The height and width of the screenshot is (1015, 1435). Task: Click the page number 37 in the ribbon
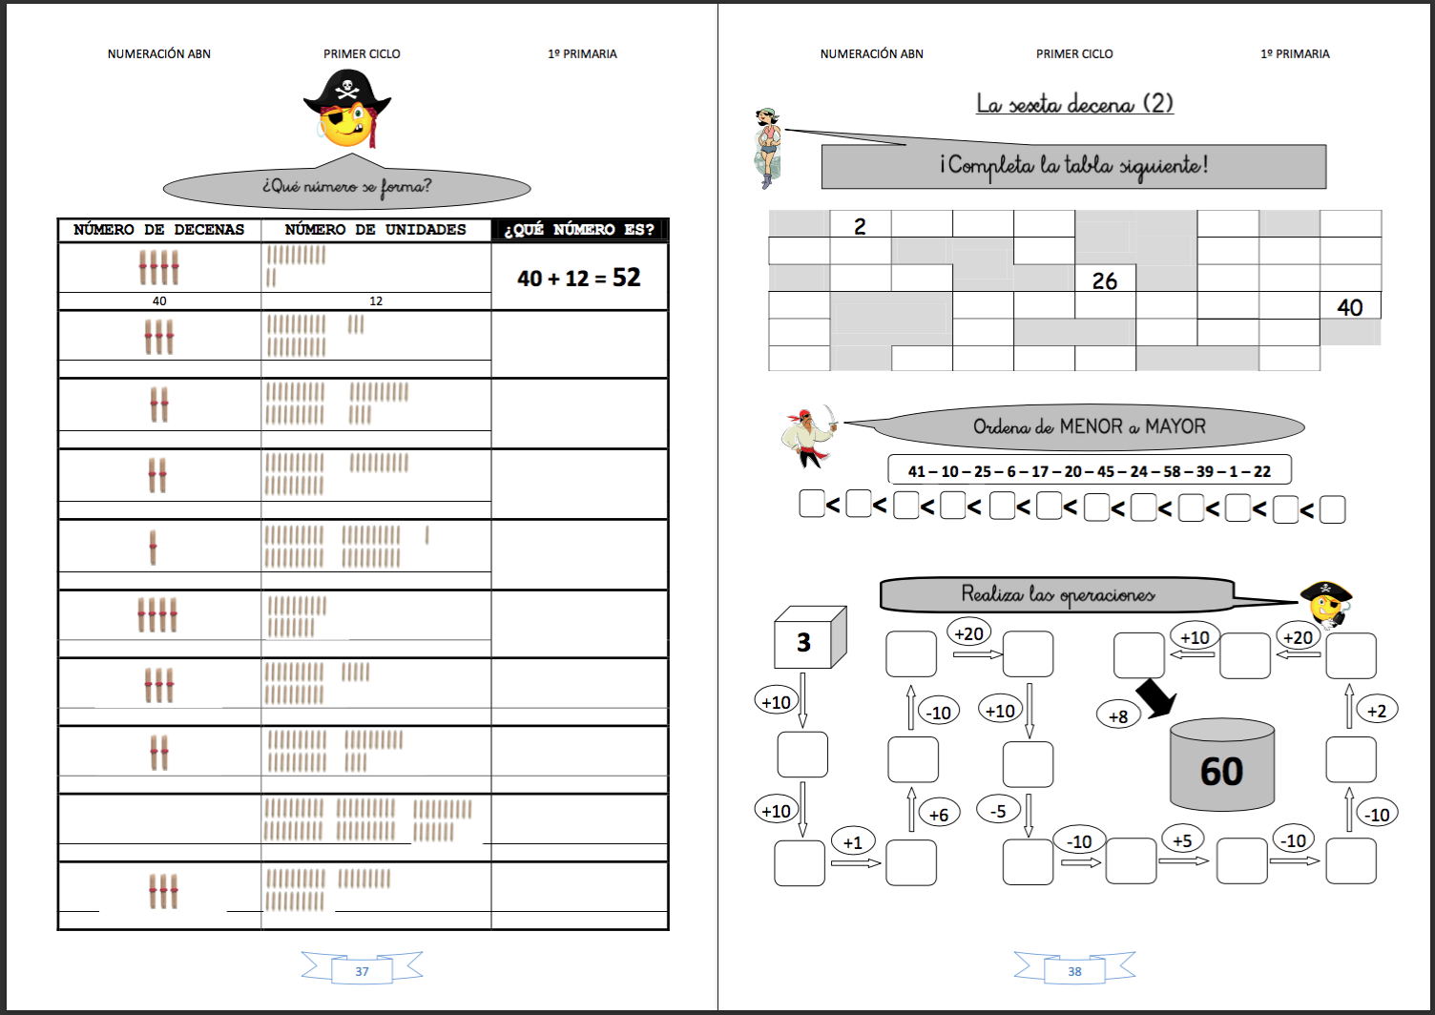pos(362,971)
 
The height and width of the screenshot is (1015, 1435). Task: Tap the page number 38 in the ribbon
pos(1074,971)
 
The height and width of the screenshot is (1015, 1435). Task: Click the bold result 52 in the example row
pos(627,278)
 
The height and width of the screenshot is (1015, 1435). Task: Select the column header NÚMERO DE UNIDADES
pos(375,230)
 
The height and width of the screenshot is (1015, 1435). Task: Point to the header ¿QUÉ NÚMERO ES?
pos(579,230)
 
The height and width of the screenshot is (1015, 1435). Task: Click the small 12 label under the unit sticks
pos(376,300)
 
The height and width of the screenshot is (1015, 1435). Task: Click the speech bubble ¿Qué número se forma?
pos(346,186)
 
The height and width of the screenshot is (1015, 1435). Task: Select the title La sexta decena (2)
pos(1074,103)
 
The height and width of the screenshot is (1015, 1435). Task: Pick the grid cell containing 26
pos(1105,280)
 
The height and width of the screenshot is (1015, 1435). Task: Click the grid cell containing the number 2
pos(860,226)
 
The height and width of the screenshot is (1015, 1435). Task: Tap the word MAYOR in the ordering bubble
pos(1175,426)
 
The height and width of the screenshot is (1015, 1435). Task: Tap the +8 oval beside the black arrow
pos(1118,715)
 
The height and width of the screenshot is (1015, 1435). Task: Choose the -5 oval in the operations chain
pos(998,811)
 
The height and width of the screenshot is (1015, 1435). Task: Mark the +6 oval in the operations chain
pos(939,814)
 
